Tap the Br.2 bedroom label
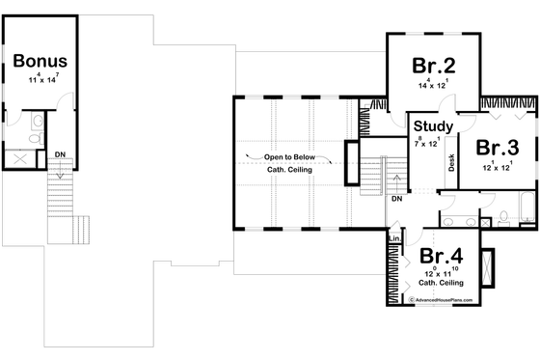433,66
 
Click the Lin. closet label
394,237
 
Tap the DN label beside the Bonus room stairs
59,153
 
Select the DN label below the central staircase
395,199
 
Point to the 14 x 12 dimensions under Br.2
433,85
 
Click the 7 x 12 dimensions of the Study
428,143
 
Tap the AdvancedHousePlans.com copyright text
449,300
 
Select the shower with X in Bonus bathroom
18,158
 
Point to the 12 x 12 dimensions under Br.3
497,166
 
